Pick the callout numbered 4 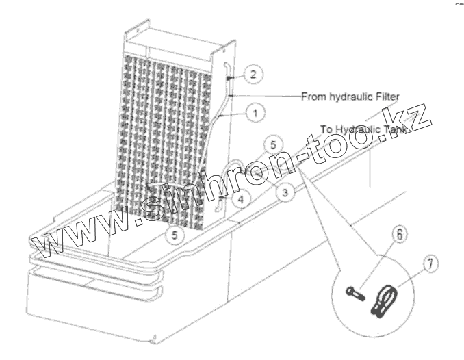240,199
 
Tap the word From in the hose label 313,97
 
